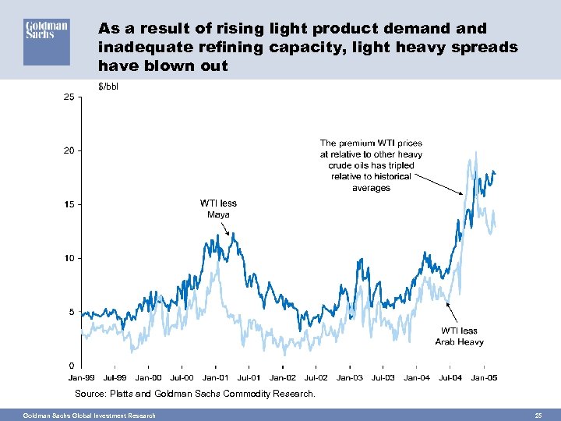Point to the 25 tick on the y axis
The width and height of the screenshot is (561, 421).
[69, 97]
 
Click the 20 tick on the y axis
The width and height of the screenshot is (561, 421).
[69, 150]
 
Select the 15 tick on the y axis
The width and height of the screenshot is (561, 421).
[69, 204]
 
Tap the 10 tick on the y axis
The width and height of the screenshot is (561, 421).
[69, 258]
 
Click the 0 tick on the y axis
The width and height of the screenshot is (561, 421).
[72, 366]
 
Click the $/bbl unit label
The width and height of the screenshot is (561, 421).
[109, 86]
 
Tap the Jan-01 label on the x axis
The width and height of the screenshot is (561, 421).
[215, 378]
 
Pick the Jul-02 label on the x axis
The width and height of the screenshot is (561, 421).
[316, 378]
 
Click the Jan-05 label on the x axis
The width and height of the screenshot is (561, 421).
[484, 378]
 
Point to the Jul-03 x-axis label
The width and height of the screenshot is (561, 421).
[383, 378]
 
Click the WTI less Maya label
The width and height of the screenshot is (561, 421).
[218, 208]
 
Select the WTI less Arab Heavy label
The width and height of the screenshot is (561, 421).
[459, 336]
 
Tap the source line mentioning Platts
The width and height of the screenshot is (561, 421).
[195, 394]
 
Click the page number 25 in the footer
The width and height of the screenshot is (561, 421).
[538, 415]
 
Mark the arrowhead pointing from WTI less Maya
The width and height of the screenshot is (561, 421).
[228, 233]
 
